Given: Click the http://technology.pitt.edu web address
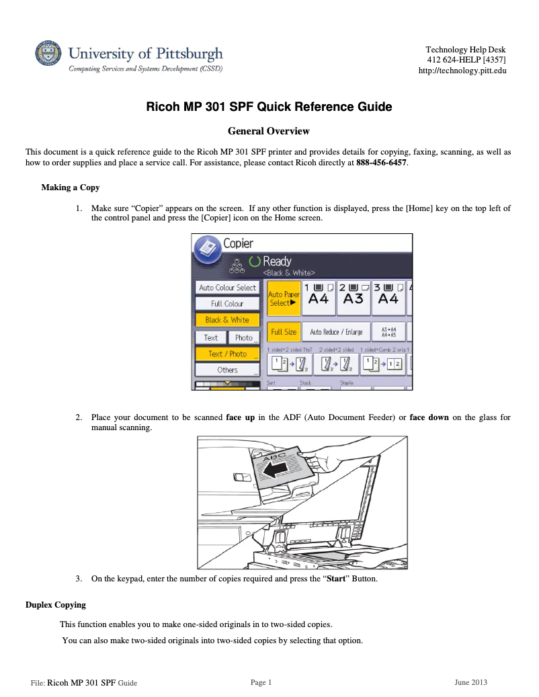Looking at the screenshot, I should tap(462, 71).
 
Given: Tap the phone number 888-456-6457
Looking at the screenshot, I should tap(381, 163).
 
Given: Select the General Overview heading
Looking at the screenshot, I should tap(269, 130).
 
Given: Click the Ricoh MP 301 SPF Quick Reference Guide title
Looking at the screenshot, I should tap(269, 107).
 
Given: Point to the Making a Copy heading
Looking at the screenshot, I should tap(70, 187).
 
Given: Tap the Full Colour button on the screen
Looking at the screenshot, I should tap(227, 304).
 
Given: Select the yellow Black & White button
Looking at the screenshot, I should tap(227, 320).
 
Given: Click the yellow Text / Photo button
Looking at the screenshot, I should tap(227, 354).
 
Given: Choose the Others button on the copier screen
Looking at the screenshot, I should tap(227, 370).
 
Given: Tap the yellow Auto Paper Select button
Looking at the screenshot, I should tap(284, 298).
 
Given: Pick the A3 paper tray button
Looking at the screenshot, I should tap(353, 295).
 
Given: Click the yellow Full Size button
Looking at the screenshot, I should tap(284, 332).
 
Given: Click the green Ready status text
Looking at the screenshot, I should tap(277, 261).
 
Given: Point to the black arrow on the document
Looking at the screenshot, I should tap(277, 472).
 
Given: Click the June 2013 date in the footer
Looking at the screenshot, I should tap(470, 683).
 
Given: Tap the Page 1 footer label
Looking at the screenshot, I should tap(261, 683).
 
